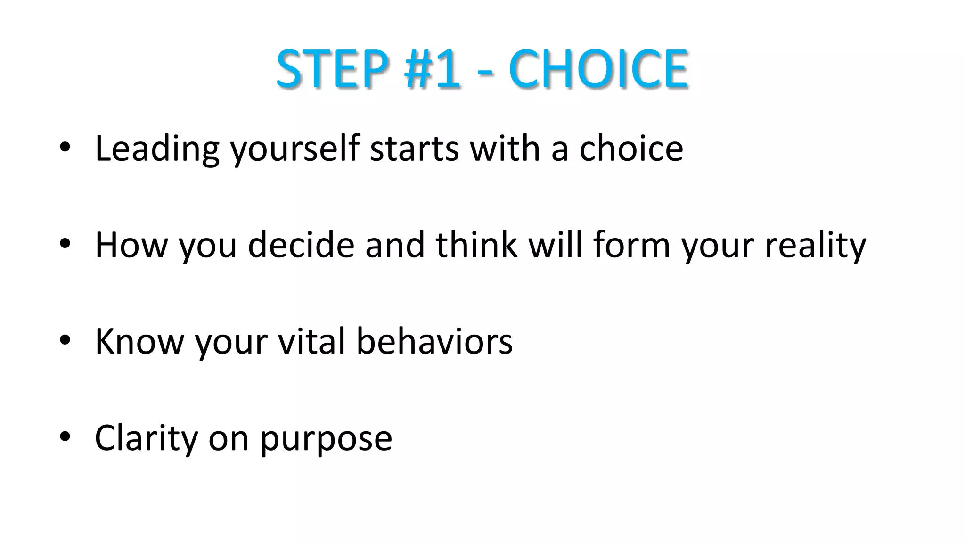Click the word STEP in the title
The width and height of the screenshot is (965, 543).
click(333, 69)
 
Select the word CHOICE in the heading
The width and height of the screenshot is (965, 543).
click(598, 69)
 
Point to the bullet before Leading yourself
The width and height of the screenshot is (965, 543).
click(65, 148)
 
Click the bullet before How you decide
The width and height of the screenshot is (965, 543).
click(65, 244)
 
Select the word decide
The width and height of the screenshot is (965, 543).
click(301, 245)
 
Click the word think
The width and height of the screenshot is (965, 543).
click(476, 245)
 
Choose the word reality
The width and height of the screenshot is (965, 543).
click(815, 246)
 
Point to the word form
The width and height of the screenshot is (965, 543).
click(631, 245)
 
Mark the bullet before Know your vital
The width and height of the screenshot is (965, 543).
click(65, 340)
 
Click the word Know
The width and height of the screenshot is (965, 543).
click(139, 341)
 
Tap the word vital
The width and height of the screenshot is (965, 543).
click(311, 341)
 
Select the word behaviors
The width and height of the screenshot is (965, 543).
click(434, 341)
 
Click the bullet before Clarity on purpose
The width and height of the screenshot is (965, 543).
click(65, 436)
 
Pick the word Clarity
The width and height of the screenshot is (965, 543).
click(146, 438)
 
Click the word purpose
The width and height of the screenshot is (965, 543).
click(326, 440)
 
